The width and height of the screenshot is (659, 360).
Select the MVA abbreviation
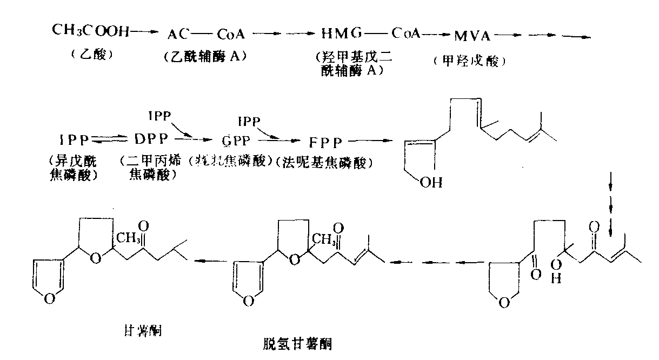[x=472, y=37]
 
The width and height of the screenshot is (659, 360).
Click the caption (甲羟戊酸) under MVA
[x=469, y=61]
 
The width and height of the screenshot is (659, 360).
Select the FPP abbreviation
[x=326, y=143]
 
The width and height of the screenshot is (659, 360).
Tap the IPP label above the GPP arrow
[x=158, y=115]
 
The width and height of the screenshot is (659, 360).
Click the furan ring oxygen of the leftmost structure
[x=49, y=297]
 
